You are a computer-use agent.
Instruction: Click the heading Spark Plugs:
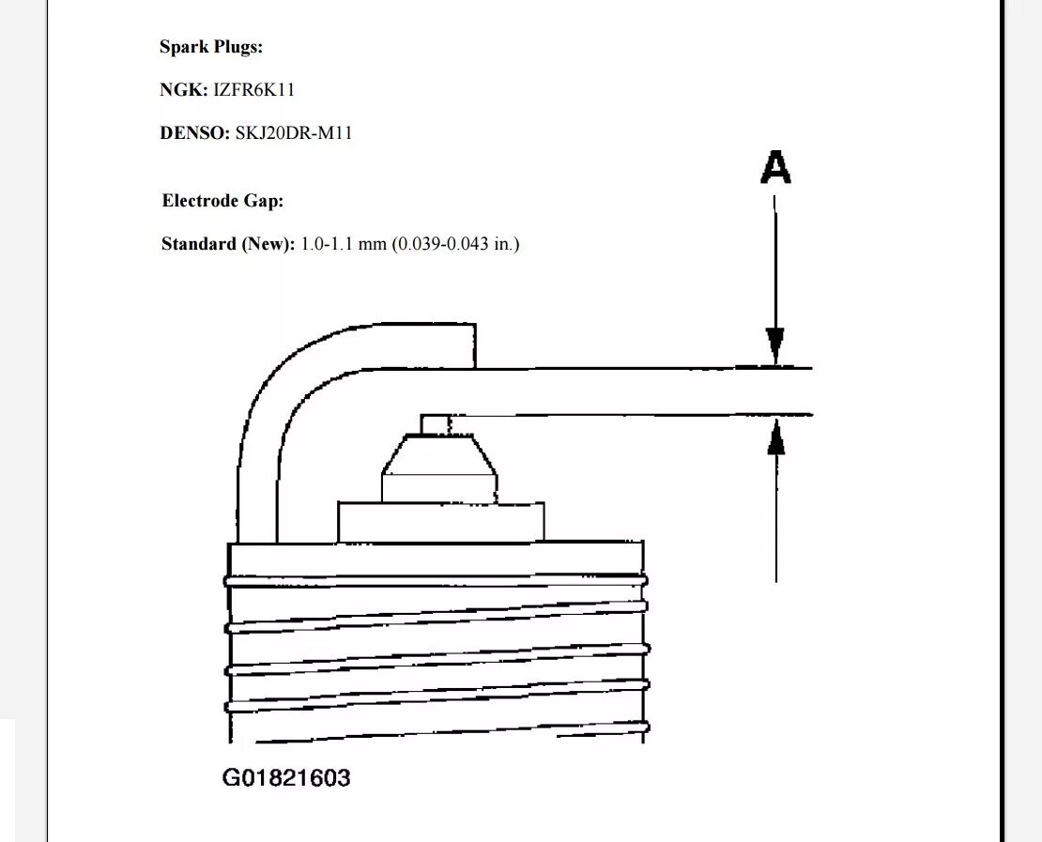click(x=210, y=47)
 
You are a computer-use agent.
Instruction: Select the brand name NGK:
click(x=184, y=90)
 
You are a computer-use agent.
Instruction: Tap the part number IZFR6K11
click(x=254, y=90)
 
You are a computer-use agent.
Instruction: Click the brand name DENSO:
click(x=194, y=133)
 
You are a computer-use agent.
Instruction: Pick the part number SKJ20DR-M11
click(x=293, y=133)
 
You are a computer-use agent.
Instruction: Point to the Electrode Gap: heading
click(x=222, y=201)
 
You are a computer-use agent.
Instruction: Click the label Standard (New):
click(x=228, y=244)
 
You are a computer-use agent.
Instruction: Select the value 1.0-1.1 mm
click(x=344, y=244)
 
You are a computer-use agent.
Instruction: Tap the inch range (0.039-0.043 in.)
click(x=455, y=244)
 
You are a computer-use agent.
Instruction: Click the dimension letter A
click(x=775, y=168)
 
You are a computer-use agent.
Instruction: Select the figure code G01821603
click(x=286, y=777)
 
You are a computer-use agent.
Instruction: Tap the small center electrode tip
click(x=436, y=424)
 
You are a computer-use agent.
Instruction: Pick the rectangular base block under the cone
click(x=440, y=521)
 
